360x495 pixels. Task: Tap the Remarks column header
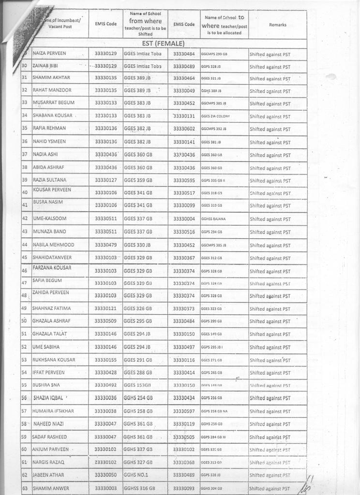277,25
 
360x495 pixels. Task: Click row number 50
24,321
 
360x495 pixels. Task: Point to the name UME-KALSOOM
50,218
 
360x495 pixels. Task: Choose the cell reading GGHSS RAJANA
213,219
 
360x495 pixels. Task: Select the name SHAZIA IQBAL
50,398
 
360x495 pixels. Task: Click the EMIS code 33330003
106,488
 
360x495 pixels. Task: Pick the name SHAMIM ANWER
51,488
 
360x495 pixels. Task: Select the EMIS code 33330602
184,129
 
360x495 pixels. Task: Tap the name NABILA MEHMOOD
54,245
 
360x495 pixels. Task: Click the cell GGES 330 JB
138,245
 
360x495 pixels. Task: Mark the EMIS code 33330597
184,411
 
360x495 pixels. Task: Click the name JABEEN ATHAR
48,475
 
